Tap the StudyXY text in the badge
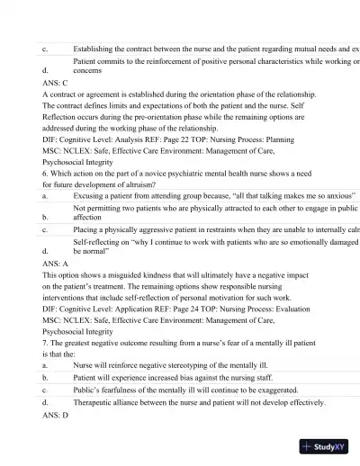tap(331, 446)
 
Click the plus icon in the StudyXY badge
tap(308, 446)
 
